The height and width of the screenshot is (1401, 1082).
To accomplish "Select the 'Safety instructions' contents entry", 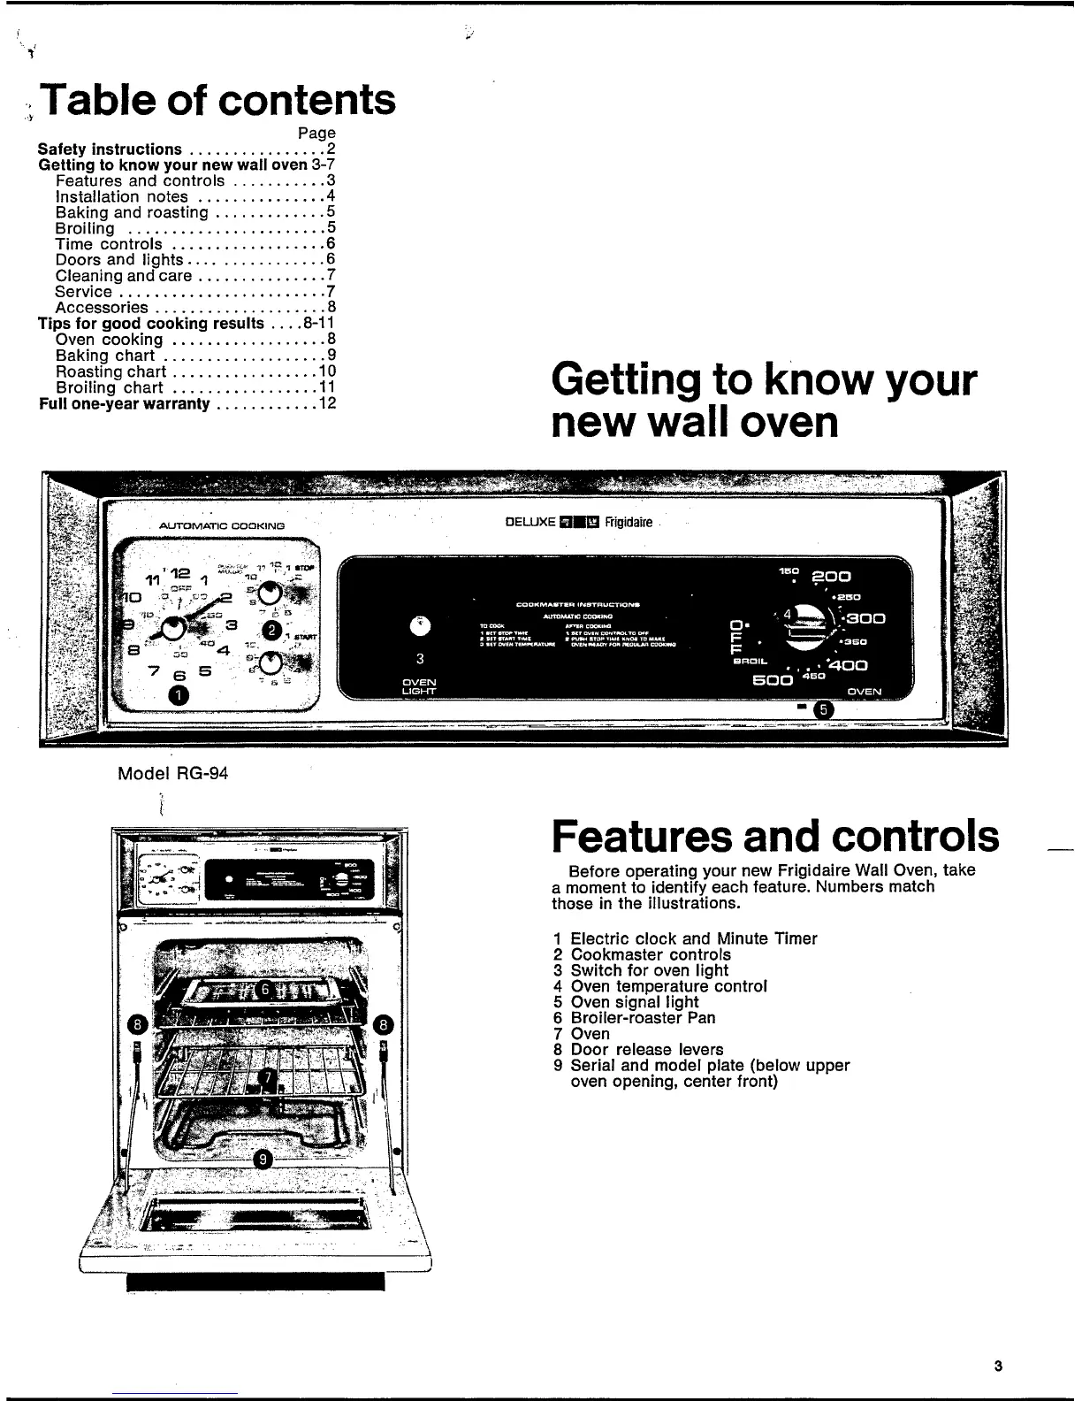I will coord(110,149).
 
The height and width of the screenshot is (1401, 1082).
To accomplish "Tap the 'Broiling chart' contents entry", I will coord(110,387).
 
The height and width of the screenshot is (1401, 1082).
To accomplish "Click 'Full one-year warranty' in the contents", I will coord(125,403).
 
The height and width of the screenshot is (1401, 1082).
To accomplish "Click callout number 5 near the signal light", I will coord(823,709).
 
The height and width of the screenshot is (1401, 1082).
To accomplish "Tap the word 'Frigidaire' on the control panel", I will coord(629,522).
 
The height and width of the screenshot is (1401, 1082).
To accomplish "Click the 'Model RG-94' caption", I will coord(173,773).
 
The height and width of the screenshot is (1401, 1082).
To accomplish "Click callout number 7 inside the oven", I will coord(266,1076).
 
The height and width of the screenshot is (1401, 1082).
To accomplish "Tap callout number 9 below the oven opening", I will coord(261,1160).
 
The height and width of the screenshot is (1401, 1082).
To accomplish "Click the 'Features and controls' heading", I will coord(775,836).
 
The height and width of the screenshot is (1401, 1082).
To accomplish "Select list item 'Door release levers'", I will coord(646,1050).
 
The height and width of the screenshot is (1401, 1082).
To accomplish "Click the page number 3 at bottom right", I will coord(997,1365).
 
